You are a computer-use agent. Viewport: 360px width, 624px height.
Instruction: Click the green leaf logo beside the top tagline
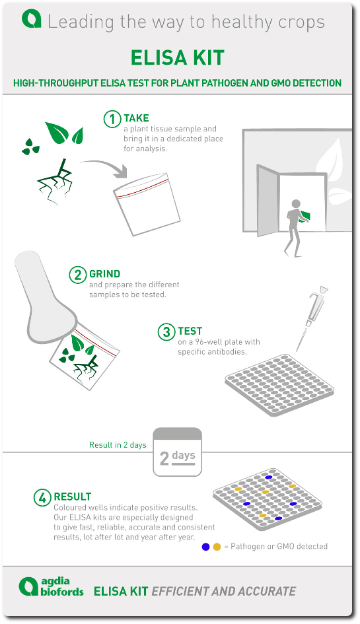point(32,19)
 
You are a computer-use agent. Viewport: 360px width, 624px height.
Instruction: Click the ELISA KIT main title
point(178,58)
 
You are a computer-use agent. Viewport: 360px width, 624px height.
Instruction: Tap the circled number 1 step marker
point(112,119)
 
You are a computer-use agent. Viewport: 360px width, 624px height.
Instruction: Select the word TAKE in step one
point(136,118)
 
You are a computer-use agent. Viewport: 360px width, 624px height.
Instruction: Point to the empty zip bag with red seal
point(147,204)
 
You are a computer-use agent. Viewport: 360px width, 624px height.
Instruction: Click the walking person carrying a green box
point(297,228)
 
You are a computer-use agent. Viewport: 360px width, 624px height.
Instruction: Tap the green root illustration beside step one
point(55,182)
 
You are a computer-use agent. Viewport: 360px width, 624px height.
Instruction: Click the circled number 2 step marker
point(78,275)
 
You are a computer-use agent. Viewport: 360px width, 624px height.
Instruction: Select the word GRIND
point(105,274)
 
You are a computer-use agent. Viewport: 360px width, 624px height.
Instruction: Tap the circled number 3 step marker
point(166,332)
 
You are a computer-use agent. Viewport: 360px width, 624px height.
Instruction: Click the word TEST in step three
point(190,331)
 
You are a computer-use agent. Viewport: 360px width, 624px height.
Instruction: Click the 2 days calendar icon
point(177,452)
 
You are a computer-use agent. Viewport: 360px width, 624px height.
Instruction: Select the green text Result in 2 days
point(118,445)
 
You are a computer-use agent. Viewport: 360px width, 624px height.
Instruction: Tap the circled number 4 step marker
point(42,497)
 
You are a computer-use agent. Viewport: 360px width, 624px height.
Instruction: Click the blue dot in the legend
point(205,547)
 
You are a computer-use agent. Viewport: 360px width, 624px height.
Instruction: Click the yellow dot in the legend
point(217,547)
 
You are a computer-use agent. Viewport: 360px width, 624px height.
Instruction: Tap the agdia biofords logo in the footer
point(52,586)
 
